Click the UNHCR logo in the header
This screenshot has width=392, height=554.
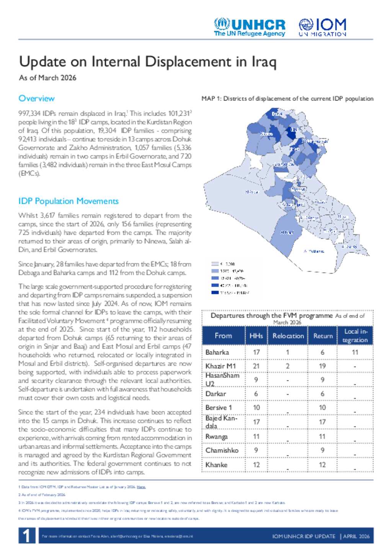click(250, 27)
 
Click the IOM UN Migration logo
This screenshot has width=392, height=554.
click(322, 27)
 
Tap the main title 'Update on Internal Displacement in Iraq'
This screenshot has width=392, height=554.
click(147, 62)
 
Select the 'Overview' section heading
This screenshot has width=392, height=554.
click(36, 99)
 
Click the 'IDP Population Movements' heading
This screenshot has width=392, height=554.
click(69, 201)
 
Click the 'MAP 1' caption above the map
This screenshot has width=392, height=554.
click(287, 99)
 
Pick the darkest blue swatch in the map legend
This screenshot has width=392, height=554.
click(215, 292)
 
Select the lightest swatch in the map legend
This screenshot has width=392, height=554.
click(215, 264)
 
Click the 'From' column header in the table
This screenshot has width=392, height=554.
click(223, 336)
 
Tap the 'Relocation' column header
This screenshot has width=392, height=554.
click(288, 336)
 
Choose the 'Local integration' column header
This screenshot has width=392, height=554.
click(355, 336)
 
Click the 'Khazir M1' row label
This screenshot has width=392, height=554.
click(220, 366)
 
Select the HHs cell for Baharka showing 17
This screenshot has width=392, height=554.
click(256, 352)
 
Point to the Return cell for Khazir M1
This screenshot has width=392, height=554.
click(322, 366)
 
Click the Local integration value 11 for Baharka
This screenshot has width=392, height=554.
click(355, 352)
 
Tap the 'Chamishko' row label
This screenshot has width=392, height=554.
click(222, 450)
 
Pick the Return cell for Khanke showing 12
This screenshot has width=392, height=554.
click(322, 465)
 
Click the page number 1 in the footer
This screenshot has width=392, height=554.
click(26, 536)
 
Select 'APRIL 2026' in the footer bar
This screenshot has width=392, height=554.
click(356, 536)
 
